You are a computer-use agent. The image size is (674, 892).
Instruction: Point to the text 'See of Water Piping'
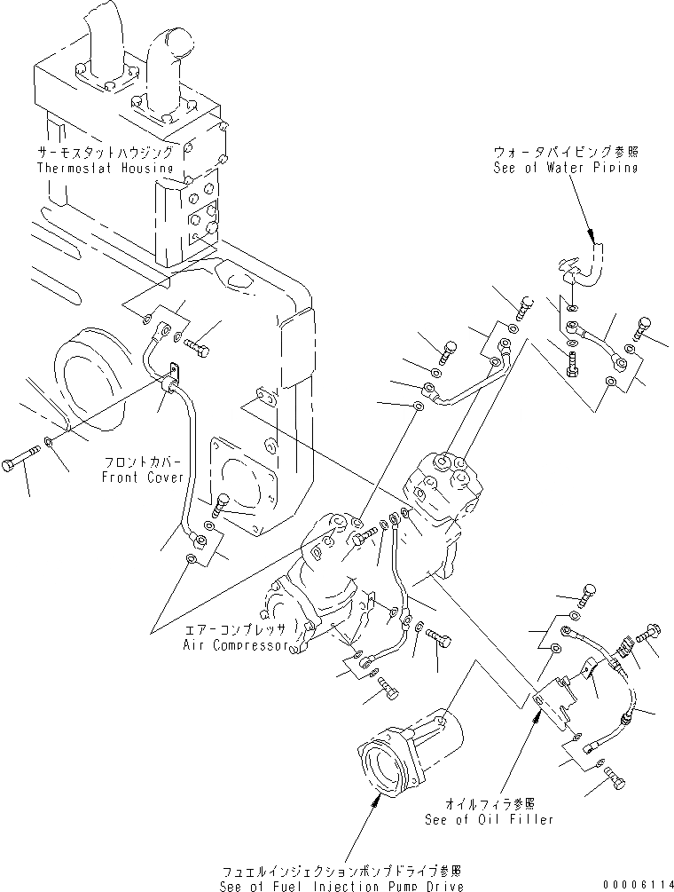(x=565, y=168)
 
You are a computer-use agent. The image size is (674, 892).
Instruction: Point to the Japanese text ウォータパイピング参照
(x=565, y=153)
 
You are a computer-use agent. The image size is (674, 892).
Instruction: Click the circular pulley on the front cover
(x=88, y=367)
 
